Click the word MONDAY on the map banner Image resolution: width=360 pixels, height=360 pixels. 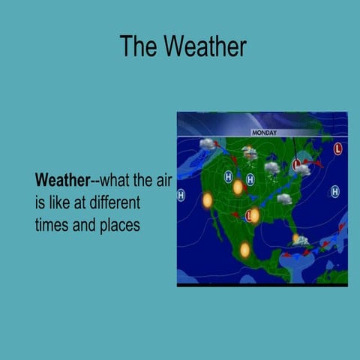tap(264, 133)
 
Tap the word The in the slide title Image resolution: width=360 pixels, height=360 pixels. tap(136, 46)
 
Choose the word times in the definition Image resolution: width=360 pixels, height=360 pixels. tap(50, 224)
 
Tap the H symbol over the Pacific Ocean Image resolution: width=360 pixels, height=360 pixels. tap(181, 196)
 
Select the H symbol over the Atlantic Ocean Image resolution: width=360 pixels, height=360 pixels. tap(334, 193)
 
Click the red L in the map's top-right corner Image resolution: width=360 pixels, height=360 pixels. tap(337, 148)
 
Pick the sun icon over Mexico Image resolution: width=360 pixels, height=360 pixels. tap(244, 250)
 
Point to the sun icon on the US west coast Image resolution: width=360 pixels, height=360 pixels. tap(208, 200)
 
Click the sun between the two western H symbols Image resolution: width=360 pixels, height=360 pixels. tap(238, 187)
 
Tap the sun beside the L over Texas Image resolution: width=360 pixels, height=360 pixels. tap(255, 215)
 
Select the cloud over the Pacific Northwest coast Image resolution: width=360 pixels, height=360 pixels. tap(208, 144)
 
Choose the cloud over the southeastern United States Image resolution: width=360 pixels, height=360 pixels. tap(284, 199)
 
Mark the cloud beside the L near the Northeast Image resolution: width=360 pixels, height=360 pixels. tap(303, 169)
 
